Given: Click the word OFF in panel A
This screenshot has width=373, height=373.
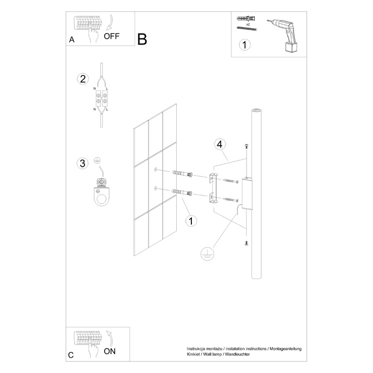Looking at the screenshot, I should pyautogui.click(x=112, y=37).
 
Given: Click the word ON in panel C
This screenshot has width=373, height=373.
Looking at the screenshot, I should pyautogui.click(x=110, y=351).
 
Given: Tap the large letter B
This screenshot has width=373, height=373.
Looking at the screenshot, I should pyautogui.click(x=142, y=39).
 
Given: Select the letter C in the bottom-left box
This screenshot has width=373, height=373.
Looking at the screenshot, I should pyautogui.click(x=71, y=355).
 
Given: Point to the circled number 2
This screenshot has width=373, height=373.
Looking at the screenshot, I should pyautogui.click(x=82, y=79).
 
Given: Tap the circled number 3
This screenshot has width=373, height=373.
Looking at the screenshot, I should pyautogui.click(x=82, y=163).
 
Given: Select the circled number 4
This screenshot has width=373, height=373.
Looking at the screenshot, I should pyautogui.click(x=220, y=145).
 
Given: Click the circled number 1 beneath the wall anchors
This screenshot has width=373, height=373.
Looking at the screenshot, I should pyautogui.click(x=190, y=221).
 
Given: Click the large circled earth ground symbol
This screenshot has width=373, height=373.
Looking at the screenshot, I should pyautogui.click(x=207, y=254).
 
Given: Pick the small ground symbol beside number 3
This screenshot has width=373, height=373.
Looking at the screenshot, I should pyautogui.click(x=98, y=160).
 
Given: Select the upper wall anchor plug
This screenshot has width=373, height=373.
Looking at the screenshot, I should pyautogui.click(x=182, y=173).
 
